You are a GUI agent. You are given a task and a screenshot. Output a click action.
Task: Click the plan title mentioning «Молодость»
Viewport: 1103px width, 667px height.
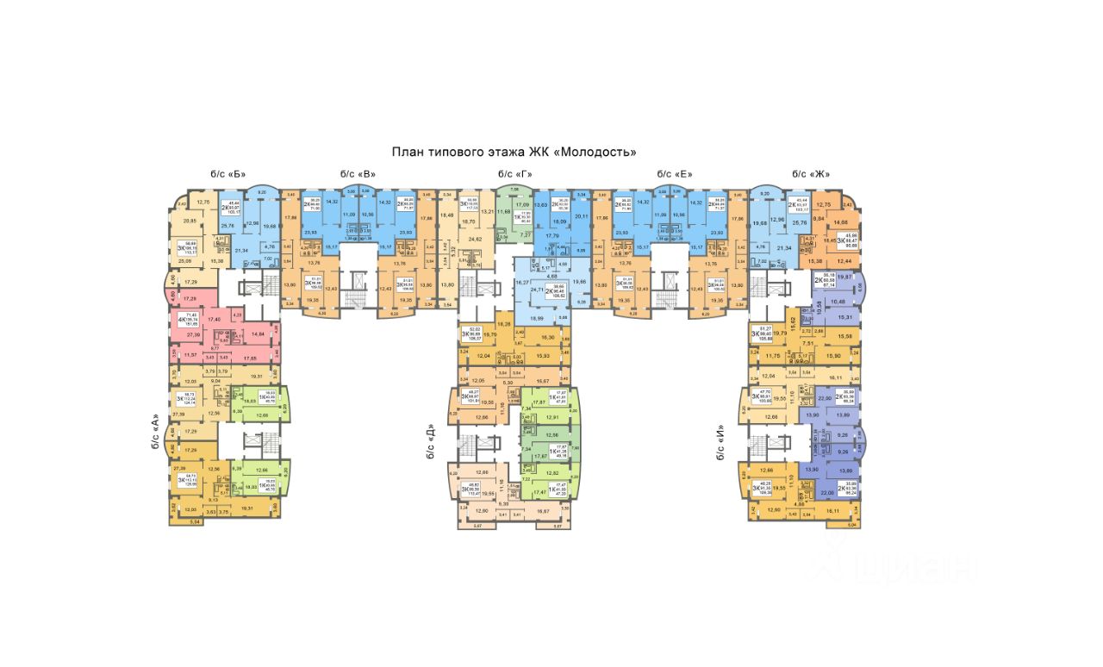point(514,152)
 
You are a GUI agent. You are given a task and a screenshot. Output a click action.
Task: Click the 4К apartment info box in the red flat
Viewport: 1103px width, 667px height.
point(183,320)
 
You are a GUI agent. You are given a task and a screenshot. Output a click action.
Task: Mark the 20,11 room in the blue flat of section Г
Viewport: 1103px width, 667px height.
point(580,217)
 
